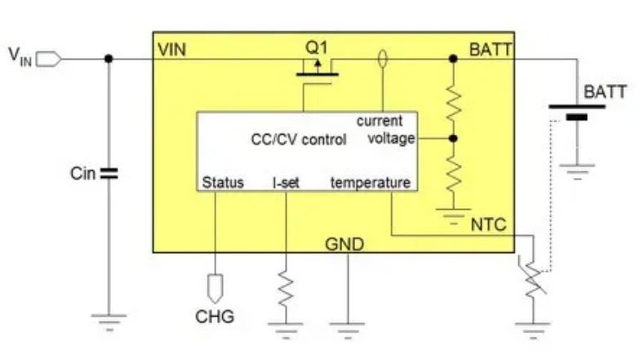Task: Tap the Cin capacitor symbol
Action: point(109,173)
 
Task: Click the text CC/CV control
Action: point(298,139)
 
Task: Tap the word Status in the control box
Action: point(222,183)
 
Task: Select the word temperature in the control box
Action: point(370,183)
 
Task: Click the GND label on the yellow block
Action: point(344,244)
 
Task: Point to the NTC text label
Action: point(489,224)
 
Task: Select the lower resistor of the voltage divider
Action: point(454,171)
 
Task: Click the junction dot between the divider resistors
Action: point(454,139)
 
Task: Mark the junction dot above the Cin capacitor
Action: point(109,58)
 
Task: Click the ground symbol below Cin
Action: point(109,321)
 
